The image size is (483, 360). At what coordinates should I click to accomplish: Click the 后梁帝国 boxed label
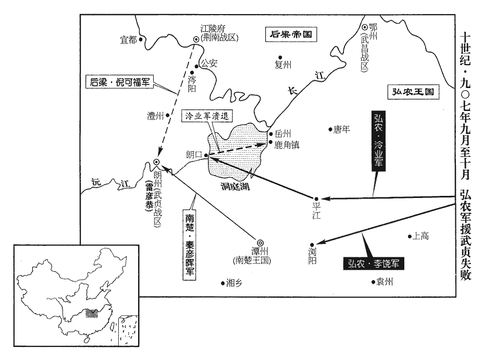pyautogui.click(x=292, y=35)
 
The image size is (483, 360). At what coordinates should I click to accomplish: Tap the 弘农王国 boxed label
pyautogui.click(x=414, y=92)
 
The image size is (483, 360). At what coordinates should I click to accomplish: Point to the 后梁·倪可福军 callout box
pyautogui.click(x=119, y=82)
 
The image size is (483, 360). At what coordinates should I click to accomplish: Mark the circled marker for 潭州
pyautogui.click(x=260, y=241)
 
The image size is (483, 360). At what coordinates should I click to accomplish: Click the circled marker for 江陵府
pyautogui.click(x=196, y=38)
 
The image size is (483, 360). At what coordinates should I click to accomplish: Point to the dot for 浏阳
pyautogui.click(x=311, y=243)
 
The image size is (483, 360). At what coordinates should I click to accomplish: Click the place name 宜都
pyautogui.click(x=128, y=40)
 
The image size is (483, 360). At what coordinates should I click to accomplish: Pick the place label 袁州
pyautogui.click(x=385, y=282)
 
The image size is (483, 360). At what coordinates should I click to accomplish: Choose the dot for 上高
pyautogui.click(x=409, y=236)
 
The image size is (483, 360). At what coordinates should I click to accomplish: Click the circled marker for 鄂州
pyautogui.click(x=364, y=28)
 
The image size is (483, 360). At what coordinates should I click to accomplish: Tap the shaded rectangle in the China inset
pyautogui.click(x=92, y=313)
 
